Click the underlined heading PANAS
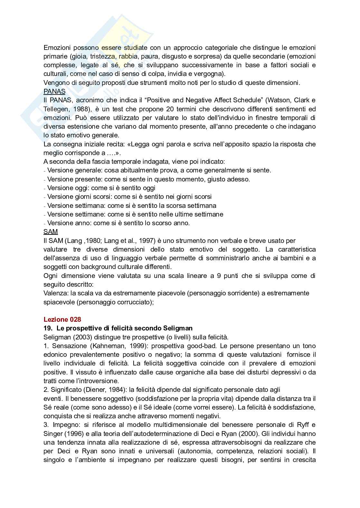[54, 91]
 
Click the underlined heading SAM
[51, 232]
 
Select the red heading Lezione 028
[62, 319]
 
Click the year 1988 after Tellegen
[82, 109]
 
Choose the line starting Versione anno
[118, 223]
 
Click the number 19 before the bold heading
[47, 328]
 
